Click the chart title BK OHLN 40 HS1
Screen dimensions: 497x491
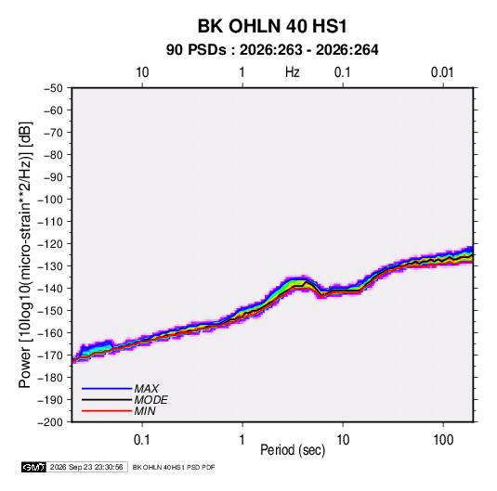coord(272,26)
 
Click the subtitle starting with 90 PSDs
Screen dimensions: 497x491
coord(272,50)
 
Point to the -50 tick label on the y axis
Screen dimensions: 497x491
coord(53,88)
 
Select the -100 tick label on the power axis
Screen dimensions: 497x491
coord(50,200)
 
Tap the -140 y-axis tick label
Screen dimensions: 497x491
coord(50,289)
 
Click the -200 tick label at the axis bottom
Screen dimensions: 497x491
coord(50,422)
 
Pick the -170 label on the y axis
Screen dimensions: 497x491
coord(50,355)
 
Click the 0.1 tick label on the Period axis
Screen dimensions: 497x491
coord(142,440)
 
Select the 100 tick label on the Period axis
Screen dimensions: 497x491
coord(443,440)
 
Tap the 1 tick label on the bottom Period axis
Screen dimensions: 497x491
coord(242,440)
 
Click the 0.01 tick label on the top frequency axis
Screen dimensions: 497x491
coord(442,72)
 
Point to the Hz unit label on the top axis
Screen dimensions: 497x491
coord(293,72)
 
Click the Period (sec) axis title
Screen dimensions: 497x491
coord(293,450)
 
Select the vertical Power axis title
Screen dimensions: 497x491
coord(25,254)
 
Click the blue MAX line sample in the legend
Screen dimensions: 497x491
coord(107,388)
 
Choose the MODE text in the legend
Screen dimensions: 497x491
coord(150,400)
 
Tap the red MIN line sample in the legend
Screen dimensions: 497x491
coord(107,411)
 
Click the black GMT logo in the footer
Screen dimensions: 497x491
coord(33,467)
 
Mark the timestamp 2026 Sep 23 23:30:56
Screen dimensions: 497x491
coord(86,467)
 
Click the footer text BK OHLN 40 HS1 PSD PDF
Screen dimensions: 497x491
coord(174,467)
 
